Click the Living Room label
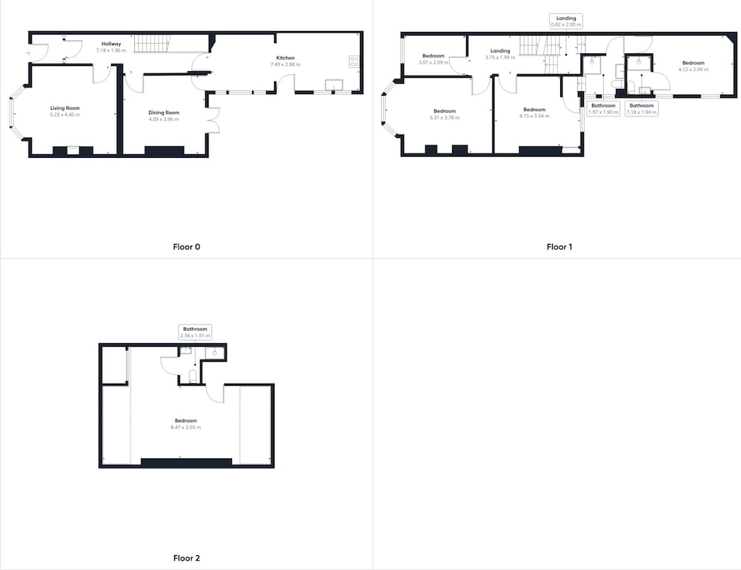tap(65, 108)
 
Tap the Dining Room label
tap(164, 113)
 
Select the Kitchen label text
tap(285, 58)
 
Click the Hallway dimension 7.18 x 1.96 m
tap(111, 50)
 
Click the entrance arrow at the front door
tap(27, 53)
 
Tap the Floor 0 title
tap(187, 247)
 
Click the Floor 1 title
tap(559, 247)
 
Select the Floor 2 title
tap(187, 558)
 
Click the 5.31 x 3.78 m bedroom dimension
tap(445, 118)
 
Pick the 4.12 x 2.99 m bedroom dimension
tap(694, 70)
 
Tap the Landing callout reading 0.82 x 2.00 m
tap(566, 21)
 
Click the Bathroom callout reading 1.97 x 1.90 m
tap(603, 109)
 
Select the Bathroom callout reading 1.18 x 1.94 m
tap(641, 109)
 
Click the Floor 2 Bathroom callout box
tap(195, 332)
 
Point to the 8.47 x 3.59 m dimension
tap(186, 427)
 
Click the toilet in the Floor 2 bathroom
tap(193, 377)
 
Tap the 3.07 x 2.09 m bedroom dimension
tap(433, 62)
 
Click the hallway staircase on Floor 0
tap(152, 44)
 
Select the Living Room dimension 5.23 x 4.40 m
tap(65, 115)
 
